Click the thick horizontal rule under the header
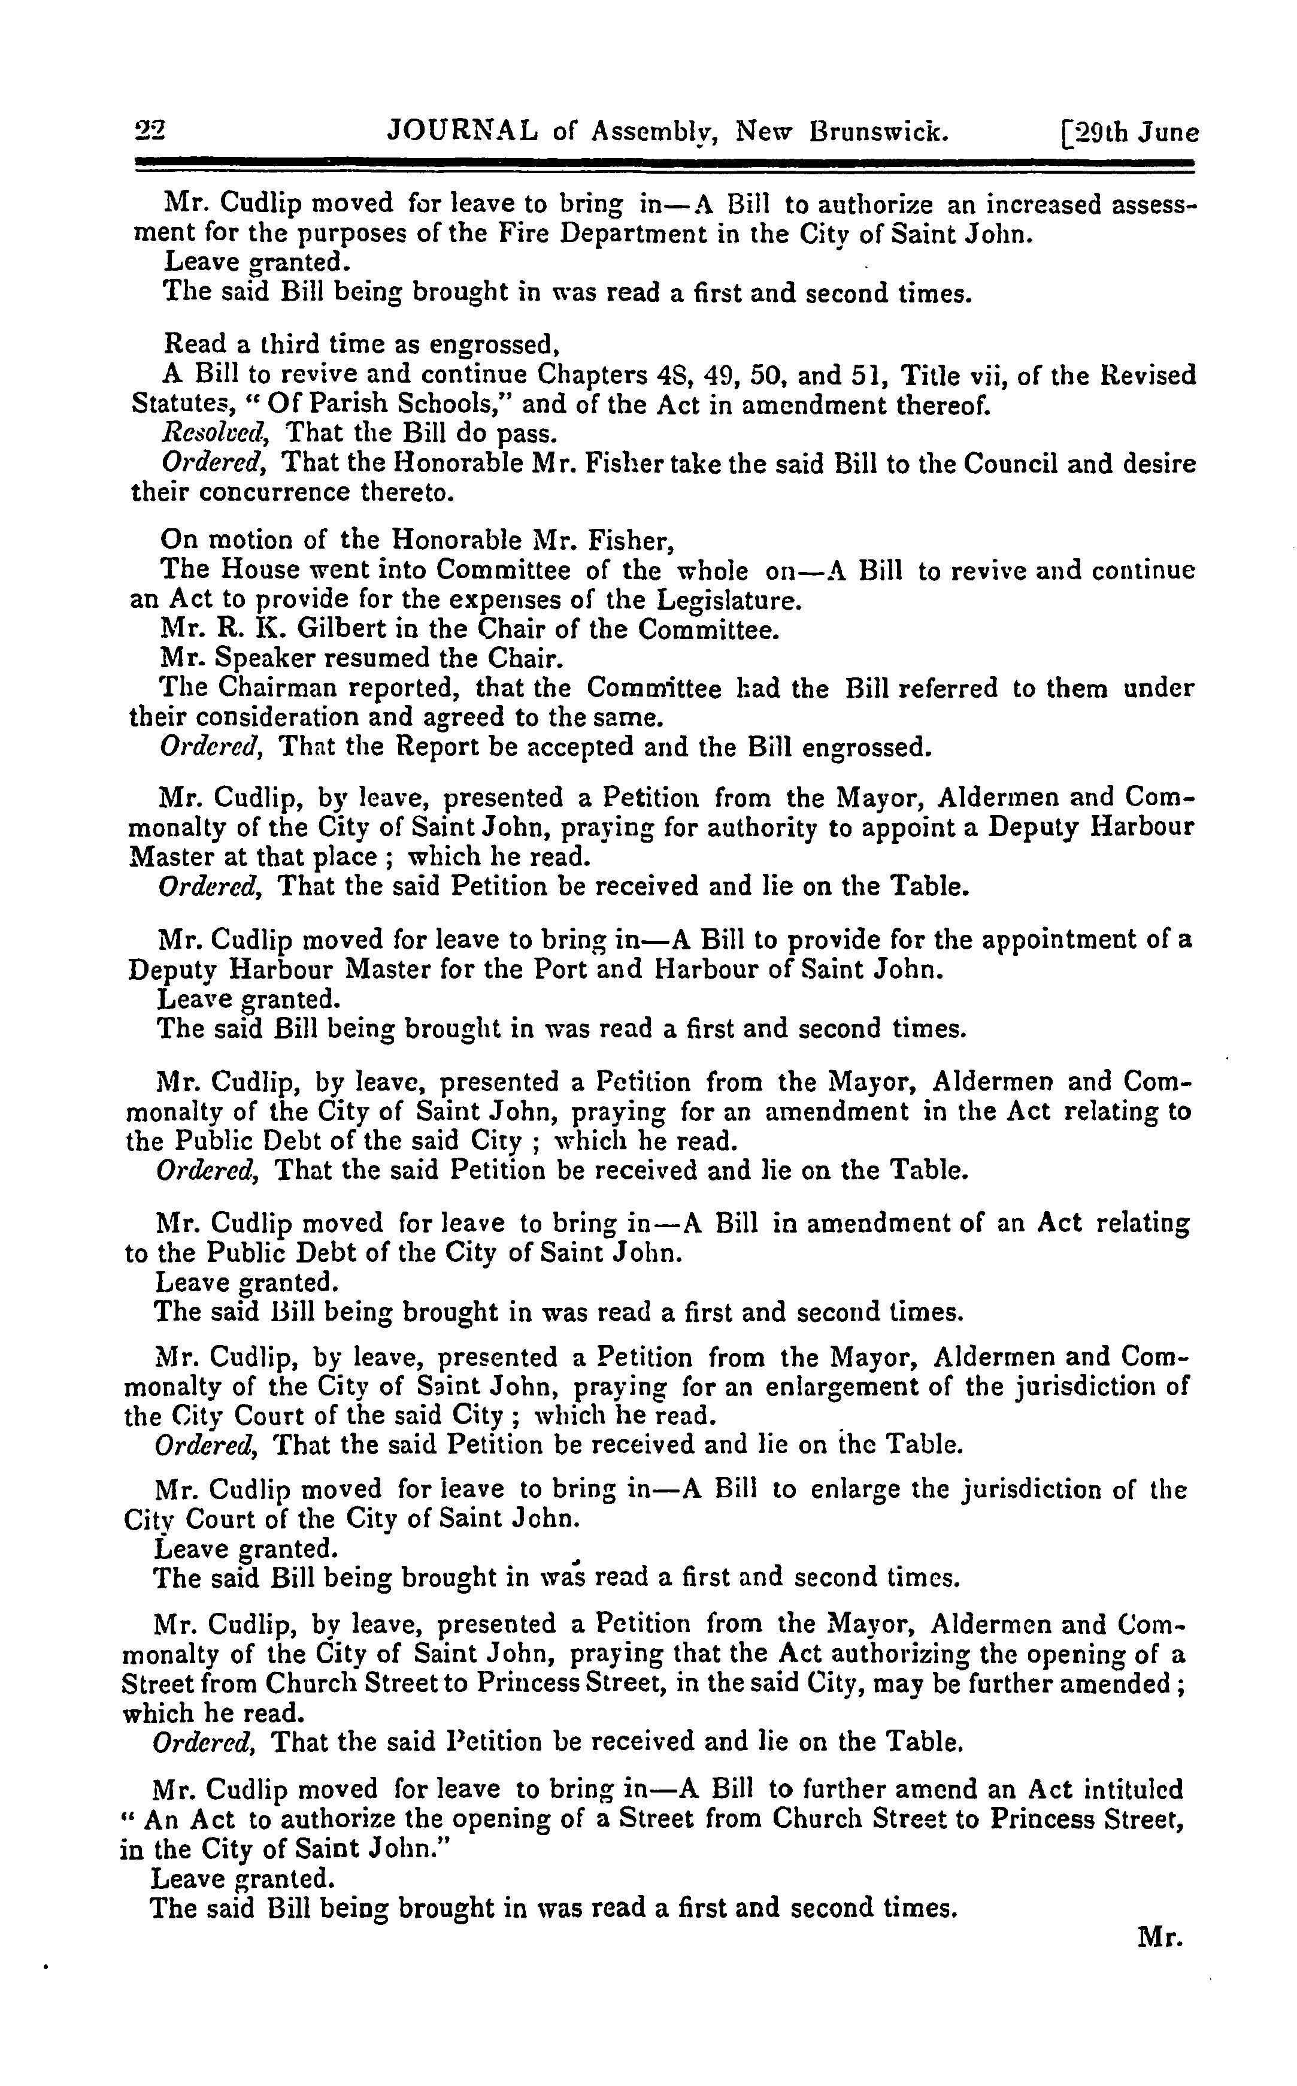click(x=665, y=162)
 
